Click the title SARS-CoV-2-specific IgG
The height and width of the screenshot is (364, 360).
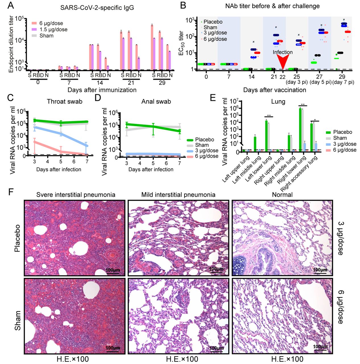pos(97,8)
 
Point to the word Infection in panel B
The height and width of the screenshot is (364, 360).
pos(282,52)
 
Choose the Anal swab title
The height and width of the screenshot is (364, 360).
pos(156,102)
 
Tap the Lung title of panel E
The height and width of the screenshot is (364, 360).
pos(278,102)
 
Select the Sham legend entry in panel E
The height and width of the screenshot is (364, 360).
pos(340,138)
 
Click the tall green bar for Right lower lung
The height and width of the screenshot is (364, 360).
pos(300,129)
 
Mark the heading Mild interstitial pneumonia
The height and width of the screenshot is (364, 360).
pos(178,195)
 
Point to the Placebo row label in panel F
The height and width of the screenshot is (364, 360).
pos(18,238)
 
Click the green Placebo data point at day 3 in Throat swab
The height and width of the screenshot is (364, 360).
pos(34,120)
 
